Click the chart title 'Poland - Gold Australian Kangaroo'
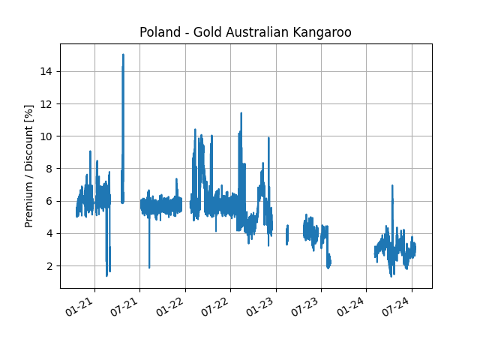click(x=245, y=32)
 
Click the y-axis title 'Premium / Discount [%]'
click(x=29, y=166)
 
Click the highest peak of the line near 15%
click(x=123, y=55)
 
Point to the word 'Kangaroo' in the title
click(x=325, y=32)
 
